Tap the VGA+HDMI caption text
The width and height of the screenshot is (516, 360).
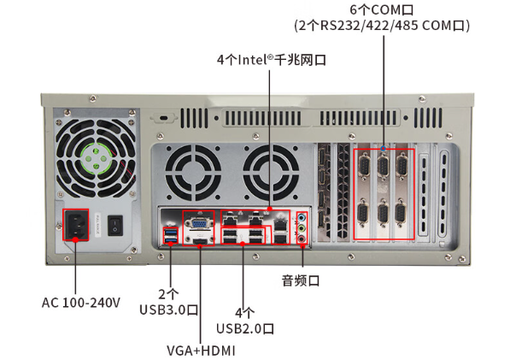click(201, 351)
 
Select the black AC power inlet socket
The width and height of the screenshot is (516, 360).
click(76, 226)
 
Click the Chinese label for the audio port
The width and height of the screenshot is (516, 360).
click(300, 280)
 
